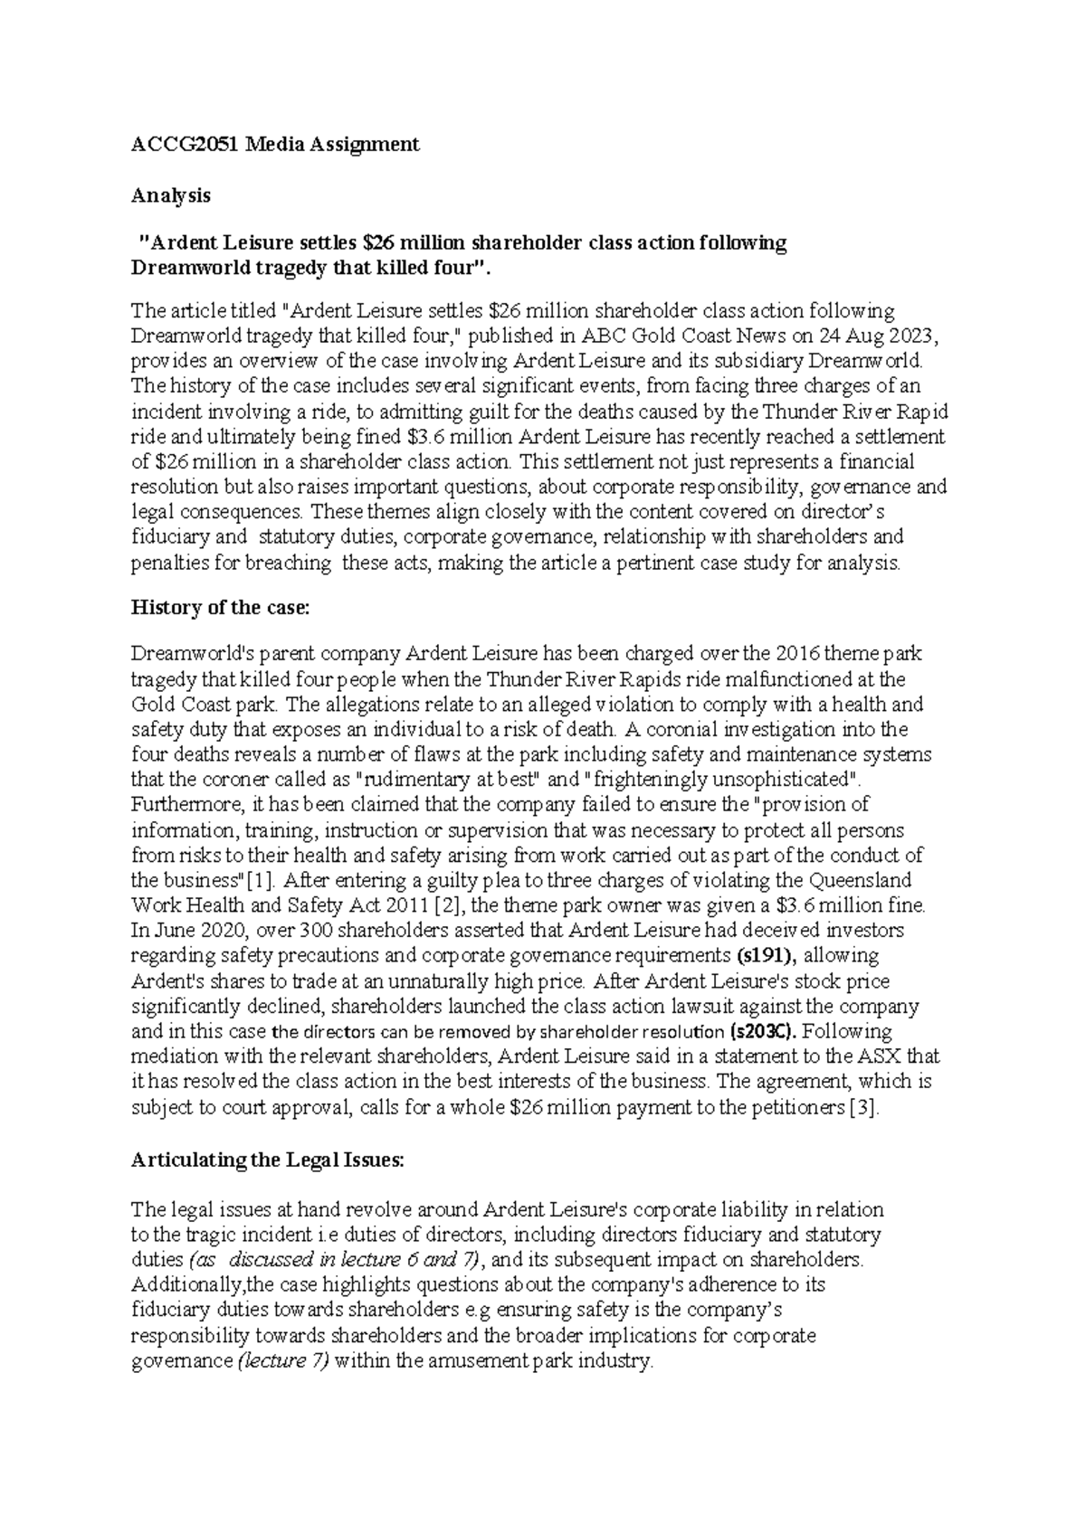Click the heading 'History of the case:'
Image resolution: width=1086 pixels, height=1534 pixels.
(220, 607)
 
